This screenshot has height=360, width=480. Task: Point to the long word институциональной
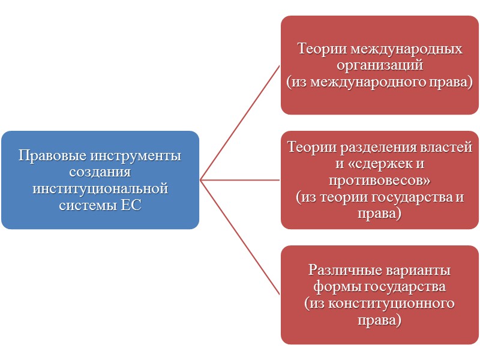pos(100,189)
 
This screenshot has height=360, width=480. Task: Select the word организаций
pos(380,65)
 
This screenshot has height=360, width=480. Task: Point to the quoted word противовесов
pos(380,179)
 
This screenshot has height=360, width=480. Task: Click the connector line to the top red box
pos(240,121)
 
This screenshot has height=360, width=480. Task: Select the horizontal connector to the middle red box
pos(240,179)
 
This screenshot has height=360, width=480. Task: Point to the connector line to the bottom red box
pos(240,237)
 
